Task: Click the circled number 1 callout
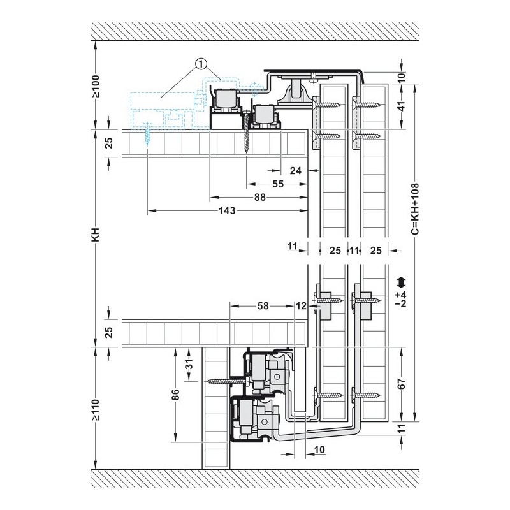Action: pos(201,64)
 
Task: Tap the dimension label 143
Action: pos(227,210)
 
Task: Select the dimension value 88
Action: pos(260,197)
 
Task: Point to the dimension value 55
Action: pos(278,184)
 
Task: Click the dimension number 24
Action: pos(296,170)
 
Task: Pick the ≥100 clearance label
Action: pos(96,86)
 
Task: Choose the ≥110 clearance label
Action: pos(96,410)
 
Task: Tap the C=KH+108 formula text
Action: pos(415,208)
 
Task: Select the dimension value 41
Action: pos(402,106)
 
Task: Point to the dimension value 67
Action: pos(402,384)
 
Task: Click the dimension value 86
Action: pos(175,395)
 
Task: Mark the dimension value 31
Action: pos(189,364)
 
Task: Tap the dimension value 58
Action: pos(263,306)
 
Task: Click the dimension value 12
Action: pos(301,306)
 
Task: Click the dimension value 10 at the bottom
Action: pos(320,449)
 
